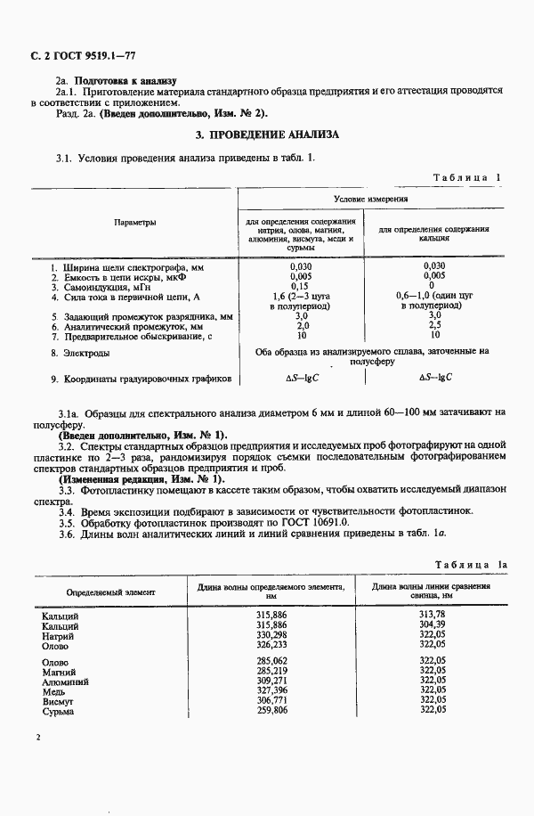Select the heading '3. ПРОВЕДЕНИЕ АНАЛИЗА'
point(267,134)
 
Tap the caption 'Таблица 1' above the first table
point(467,177)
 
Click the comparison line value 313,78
point(431,616)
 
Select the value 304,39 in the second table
point(431,625)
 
